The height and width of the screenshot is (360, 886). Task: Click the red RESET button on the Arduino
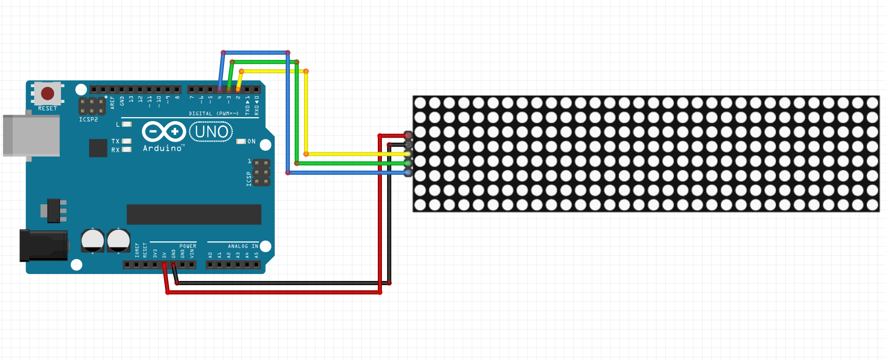[47, 93]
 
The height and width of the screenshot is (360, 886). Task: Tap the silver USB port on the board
[31, 135]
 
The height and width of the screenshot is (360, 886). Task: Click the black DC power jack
[44, 245]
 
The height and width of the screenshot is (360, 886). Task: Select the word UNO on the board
[211, 132]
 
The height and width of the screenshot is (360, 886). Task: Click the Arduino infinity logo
[163, 131]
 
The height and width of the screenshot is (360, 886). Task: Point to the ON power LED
[241, 142]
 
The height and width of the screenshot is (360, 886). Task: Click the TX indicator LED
[127, 141]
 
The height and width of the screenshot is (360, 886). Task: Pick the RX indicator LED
[127, 150]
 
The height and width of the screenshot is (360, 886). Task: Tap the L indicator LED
[127, 124]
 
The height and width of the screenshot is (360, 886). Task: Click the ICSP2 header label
[88, 120]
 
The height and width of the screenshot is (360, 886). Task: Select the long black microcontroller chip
[193, 214]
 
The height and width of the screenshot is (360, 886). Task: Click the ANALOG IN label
[243, 246]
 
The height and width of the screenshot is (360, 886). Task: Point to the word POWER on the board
[187, 246]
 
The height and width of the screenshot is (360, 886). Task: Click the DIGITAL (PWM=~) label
[213, 114]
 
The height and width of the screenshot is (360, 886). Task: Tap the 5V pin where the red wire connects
[164, 265]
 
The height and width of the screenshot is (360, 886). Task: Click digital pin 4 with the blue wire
[219, 90]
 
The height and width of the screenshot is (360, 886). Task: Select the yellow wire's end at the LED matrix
[408, 154]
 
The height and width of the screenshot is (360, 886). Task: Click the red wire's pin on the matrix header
[408, 135]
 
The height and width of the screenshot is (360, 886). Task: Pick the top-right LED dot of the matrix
[872, 103]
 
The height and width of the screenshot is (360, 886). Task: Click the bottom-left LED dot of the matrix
[420, 205]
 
